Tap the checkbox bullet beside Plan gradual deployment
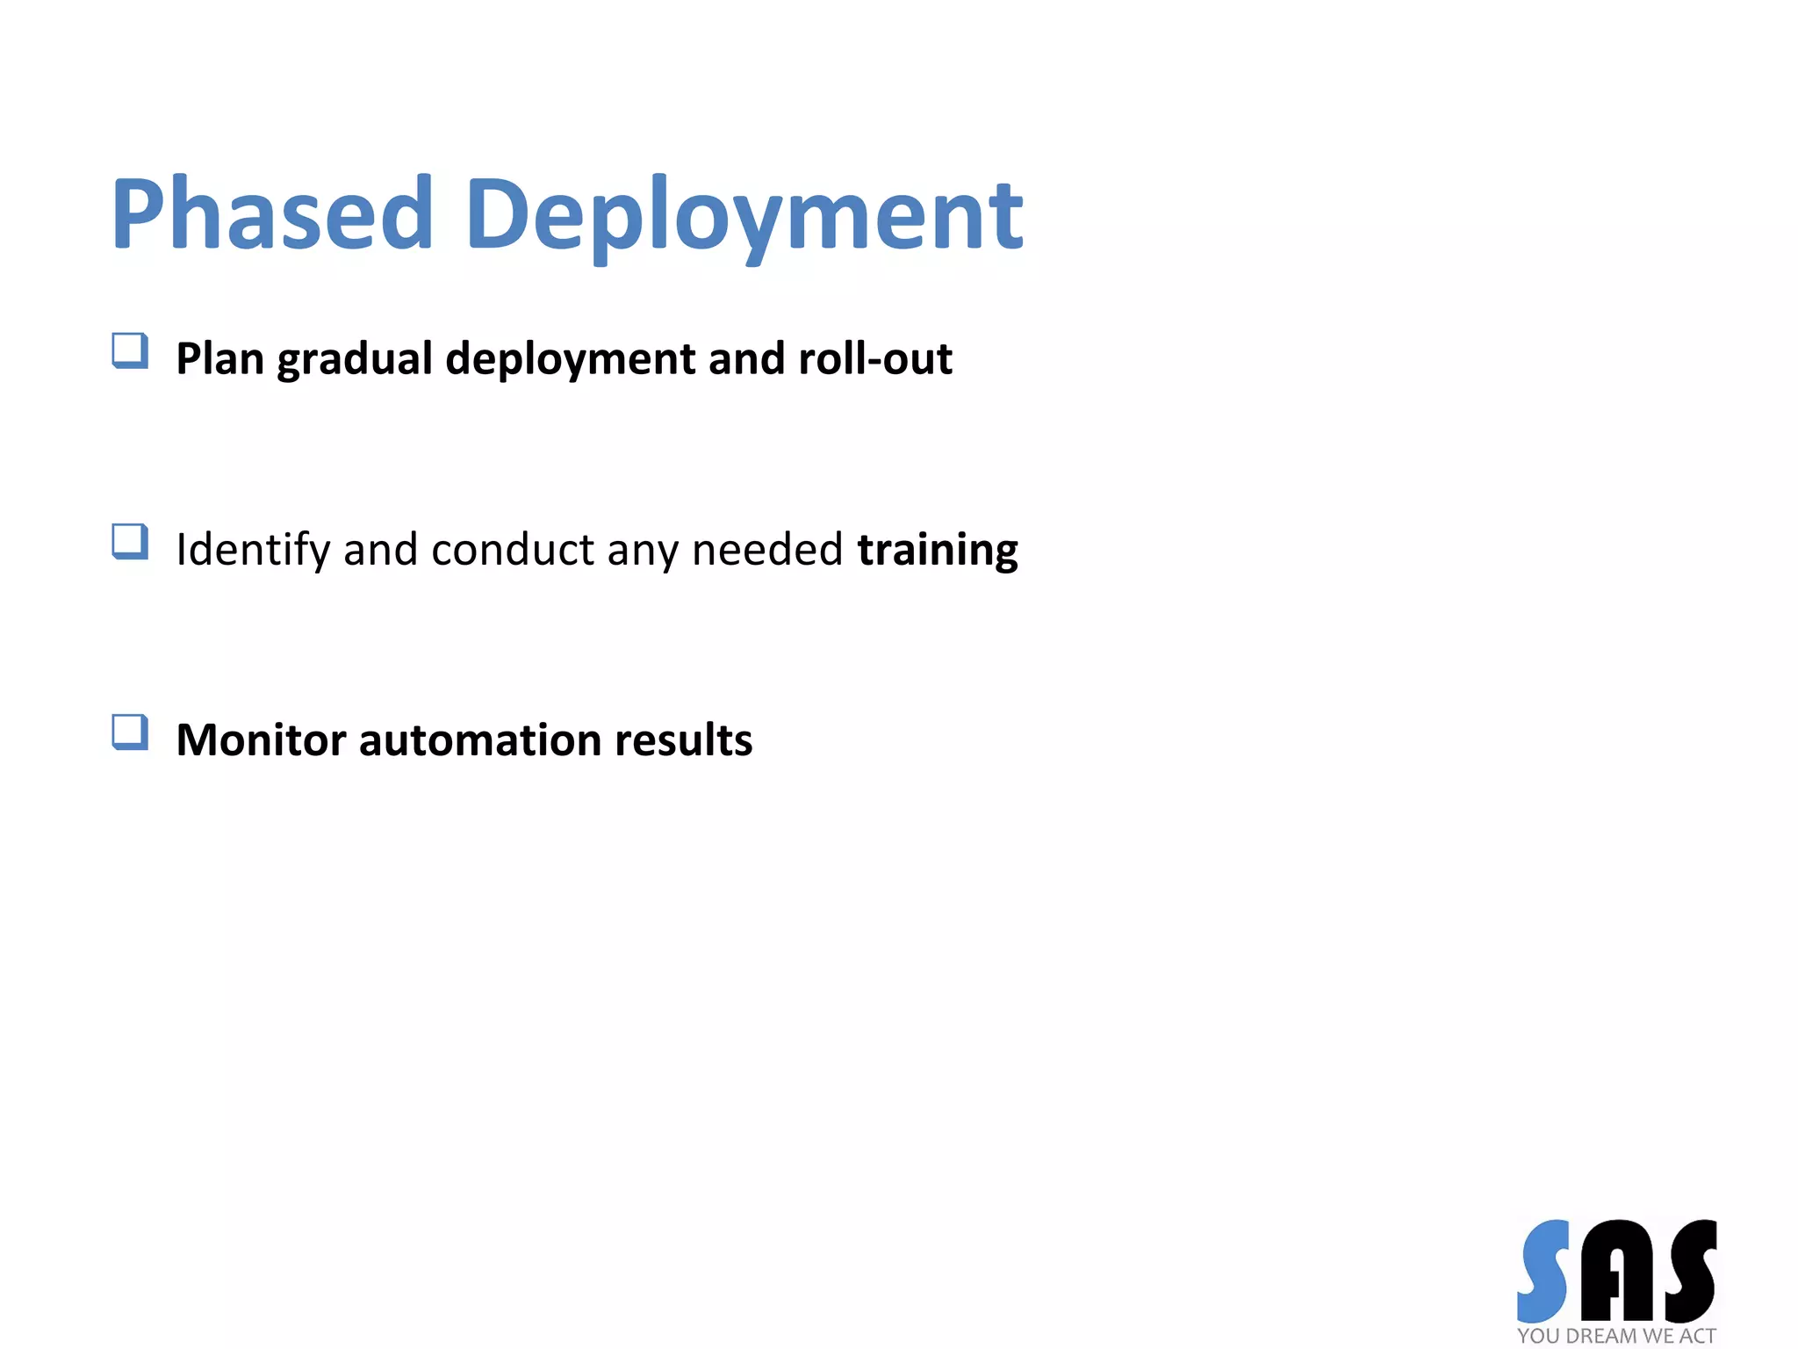pyautogui.click(x=130, y=350)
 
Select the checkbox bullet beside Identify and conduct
pyautogui.click(x=130, y=541)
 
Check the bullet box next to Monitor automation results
pyautogui.click(x=130, y=732)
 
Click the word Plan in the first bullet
pyautogui.click(x=219, y=358)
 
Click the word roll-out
pyautogui.click(x=874, y=358)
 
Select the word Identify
pyautogui.click(x=253, y=551)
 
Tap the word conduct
pyautogui.click(x=513, y=550)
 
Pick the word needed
pyautogui.click(x=767, y=550)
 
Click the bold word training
pyautogui.click(x=938, y=551)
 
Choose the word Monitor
pyautogui.click(x=261, y=739)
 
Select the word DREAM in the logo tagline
pyautogui.click(x=1602, y=1336)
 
